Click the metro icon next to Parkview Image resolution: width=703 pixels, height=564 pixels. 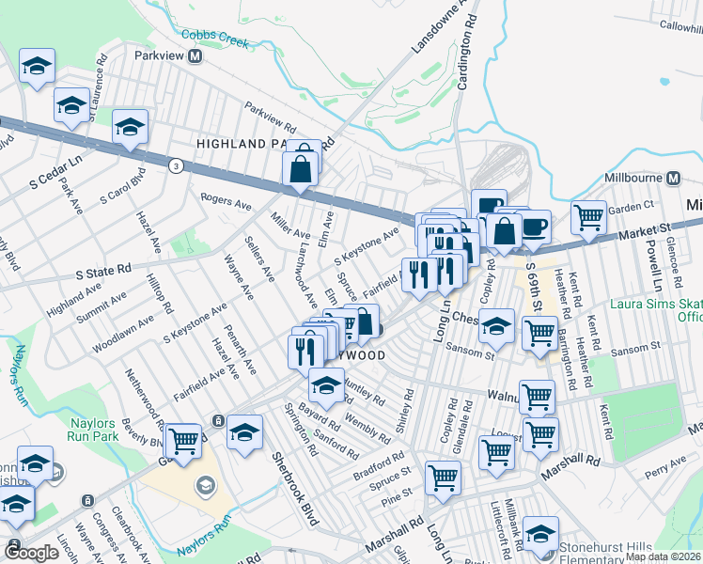tap(195, 56)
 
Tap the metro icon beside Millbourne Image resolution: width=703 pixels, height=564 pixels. tap(673, 178)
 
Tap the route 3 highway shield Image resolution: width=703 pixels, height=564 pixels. tap(176, 165)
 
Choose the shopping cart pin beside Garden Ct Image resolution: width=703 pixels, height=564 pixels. tap(588, 216)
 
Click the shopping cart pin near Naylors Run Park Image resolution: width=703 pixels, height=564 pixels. tap(183, 439)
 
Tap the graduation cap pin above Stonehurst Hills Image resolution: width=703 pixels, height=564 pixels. tap(540, 533)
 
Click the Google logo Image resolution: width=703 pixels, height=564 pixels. tap(32, 554)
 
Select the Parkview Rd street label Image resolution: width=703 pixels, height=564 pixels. tap(271, 117)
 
